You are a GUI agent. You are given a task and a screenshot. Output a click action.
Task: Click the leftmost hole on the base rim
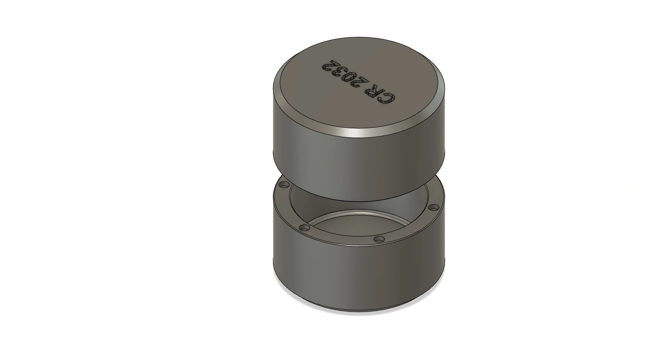[284, 185]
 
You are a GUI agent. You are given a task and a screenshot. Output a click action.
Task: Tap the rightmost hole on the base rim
[434, 207]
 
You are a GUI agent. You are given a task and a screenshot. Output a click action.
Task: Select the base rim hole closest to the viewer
[379, 239]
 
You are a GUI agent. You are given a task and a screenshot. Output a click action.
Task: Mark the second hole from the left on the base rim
[304, 228]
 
